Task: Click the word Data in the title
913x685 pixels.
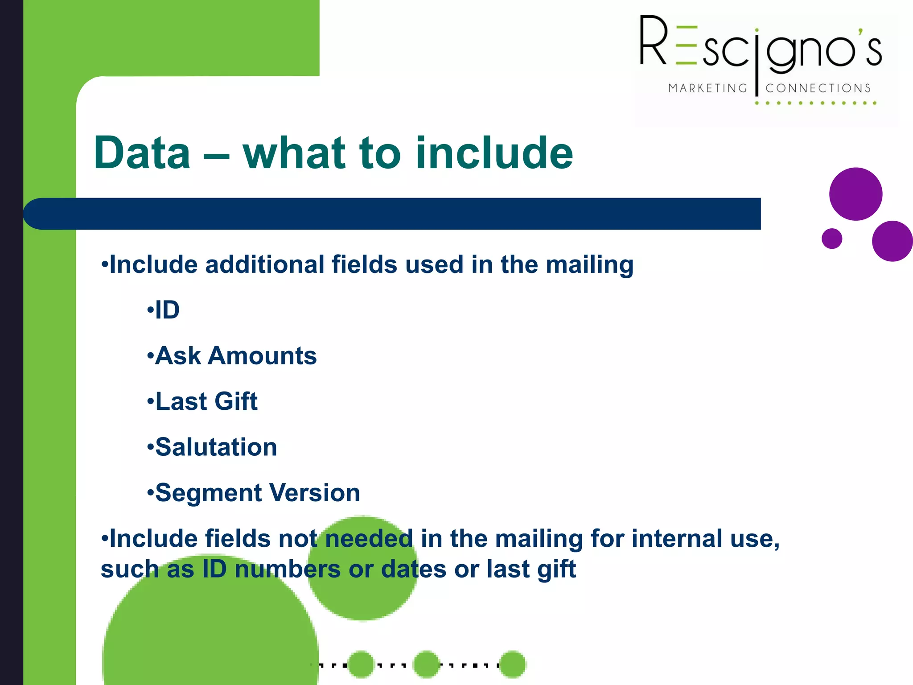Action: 142,153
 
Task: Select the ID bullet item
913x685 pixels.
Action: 167,310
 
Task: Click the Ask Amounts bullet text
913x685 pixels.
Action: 235,356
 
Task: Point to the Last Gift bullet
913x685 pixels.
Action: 206,401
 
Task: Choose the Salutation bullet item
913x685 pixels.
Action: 216,447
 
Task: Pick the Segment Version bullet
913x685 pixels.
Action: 257,493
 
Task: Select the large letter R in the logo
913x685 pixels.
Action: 654,41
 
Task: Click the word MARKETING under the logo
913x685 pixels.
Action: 707,88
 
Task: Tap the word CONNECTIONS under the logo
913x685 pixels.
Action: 818,88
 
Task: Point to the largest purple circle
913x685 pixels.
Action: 855,194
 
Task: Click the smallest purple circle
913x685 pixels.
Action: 832,239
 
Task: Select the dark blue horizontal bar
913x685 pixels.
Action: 392,214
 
